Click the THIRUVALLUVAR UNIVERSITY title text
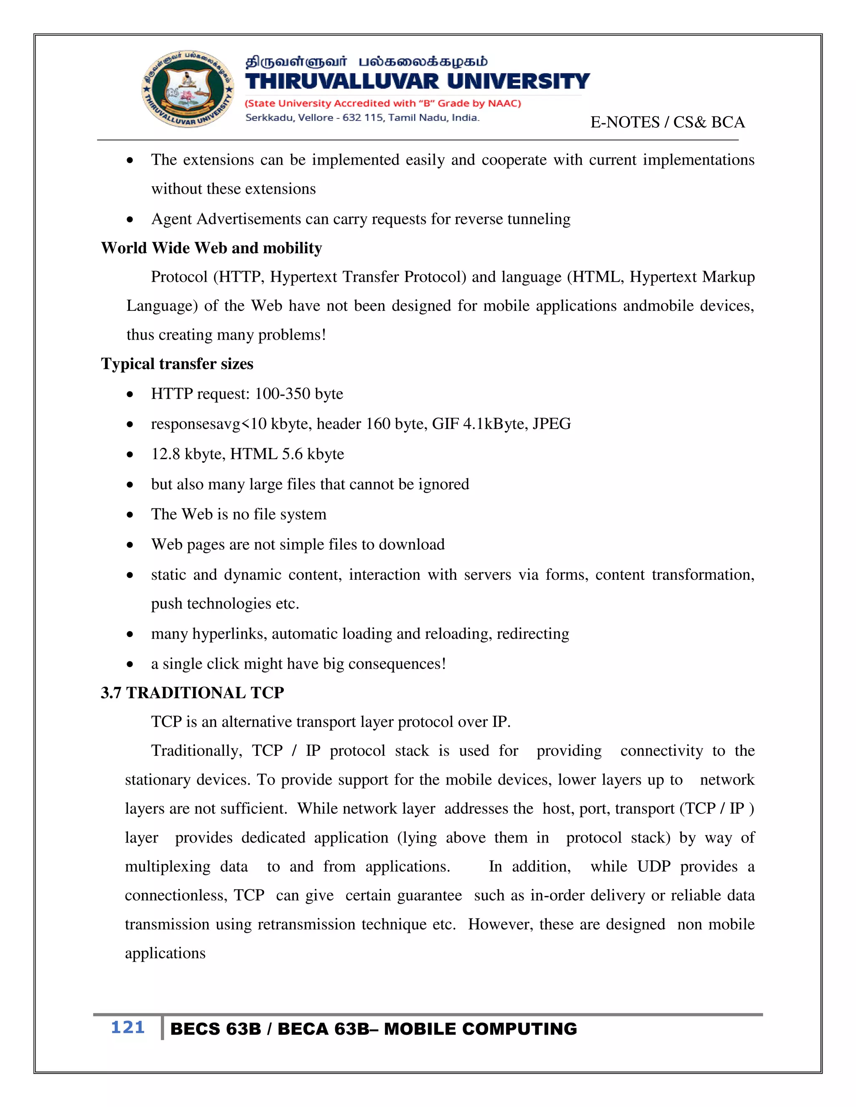click(417, 81)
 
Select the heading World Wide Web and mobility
click(211, 248)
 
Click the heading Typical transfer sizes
click(177, 364)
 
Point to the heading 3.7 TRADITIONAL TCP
click(192, 692)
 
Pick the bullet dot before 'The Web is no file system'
click(130, 515)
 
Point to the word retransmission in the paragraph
click(306, 924)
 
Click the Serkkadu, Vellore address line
click(362, 118)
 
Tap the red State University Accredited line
click(383, 104)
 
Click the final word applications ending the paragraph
click(166, 953)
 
